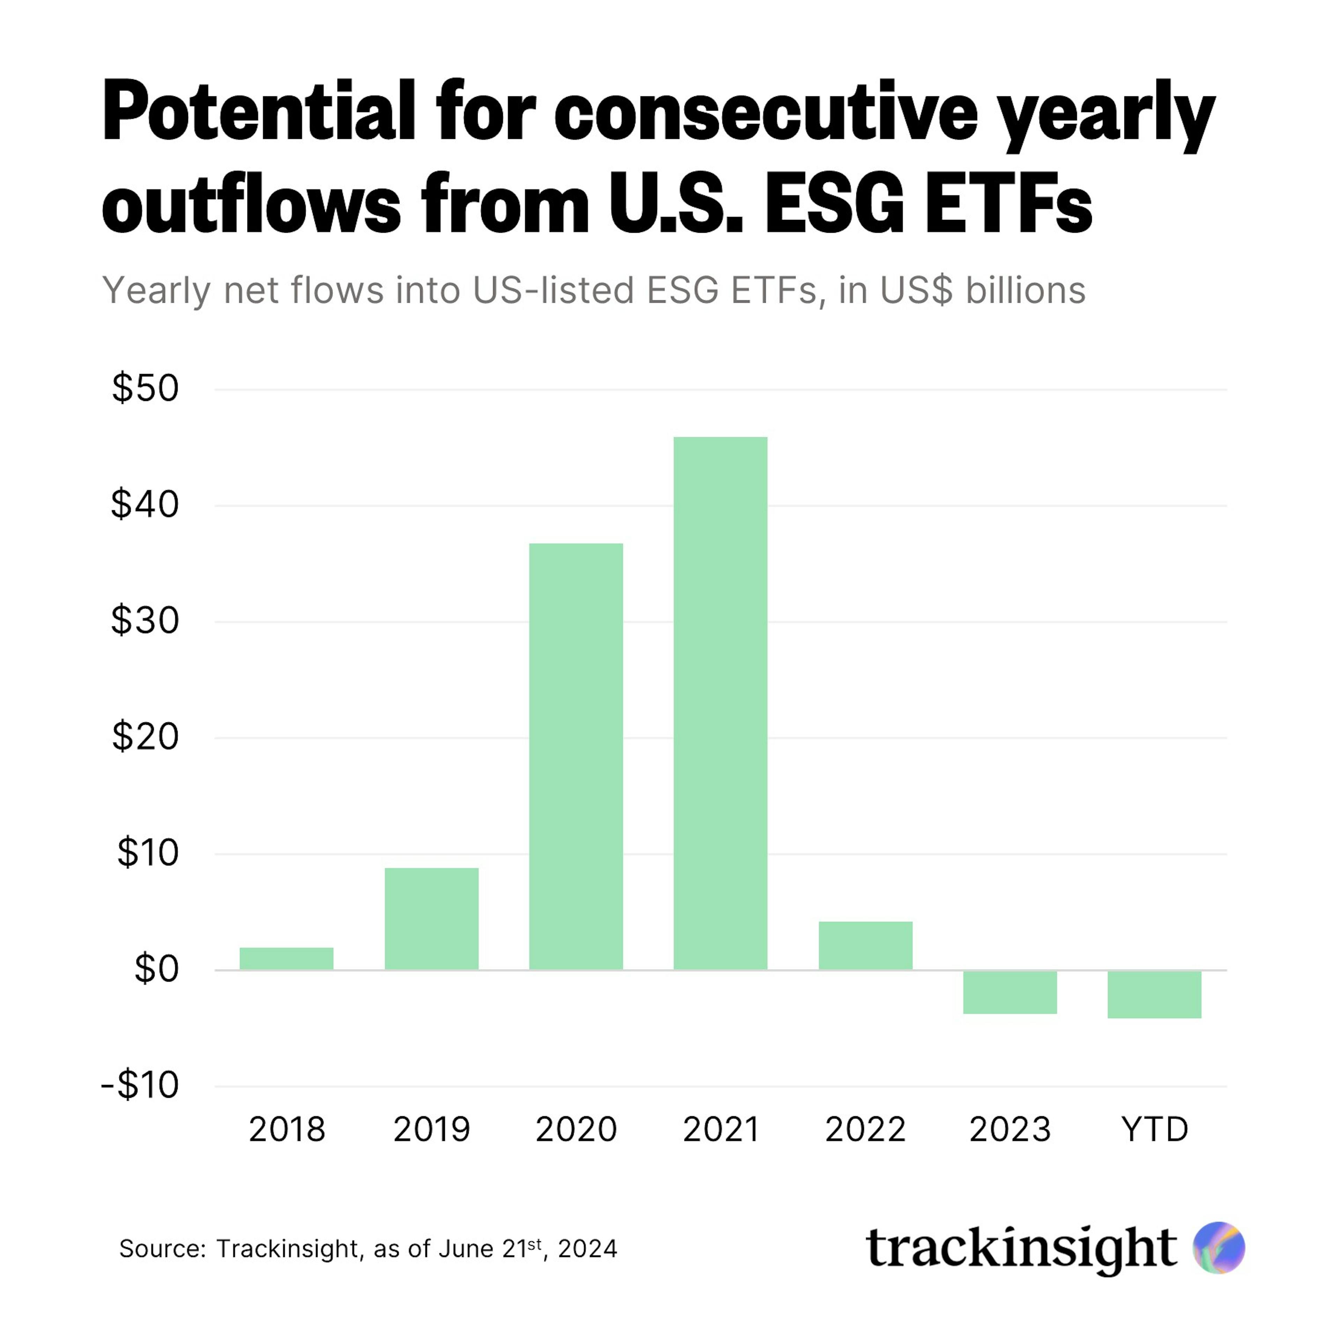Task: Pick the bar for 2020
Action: [576, 756]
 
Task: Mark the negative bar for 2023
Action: [1010, 992]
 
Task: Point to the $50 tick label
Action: [146, 388]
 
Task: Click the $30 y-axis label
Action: [146, 621]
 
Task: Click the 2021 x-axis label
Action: [721, 1129]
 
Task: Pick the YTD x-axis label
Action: [1155, 1129]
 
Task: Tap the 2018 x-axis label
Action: [286, 1129]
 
